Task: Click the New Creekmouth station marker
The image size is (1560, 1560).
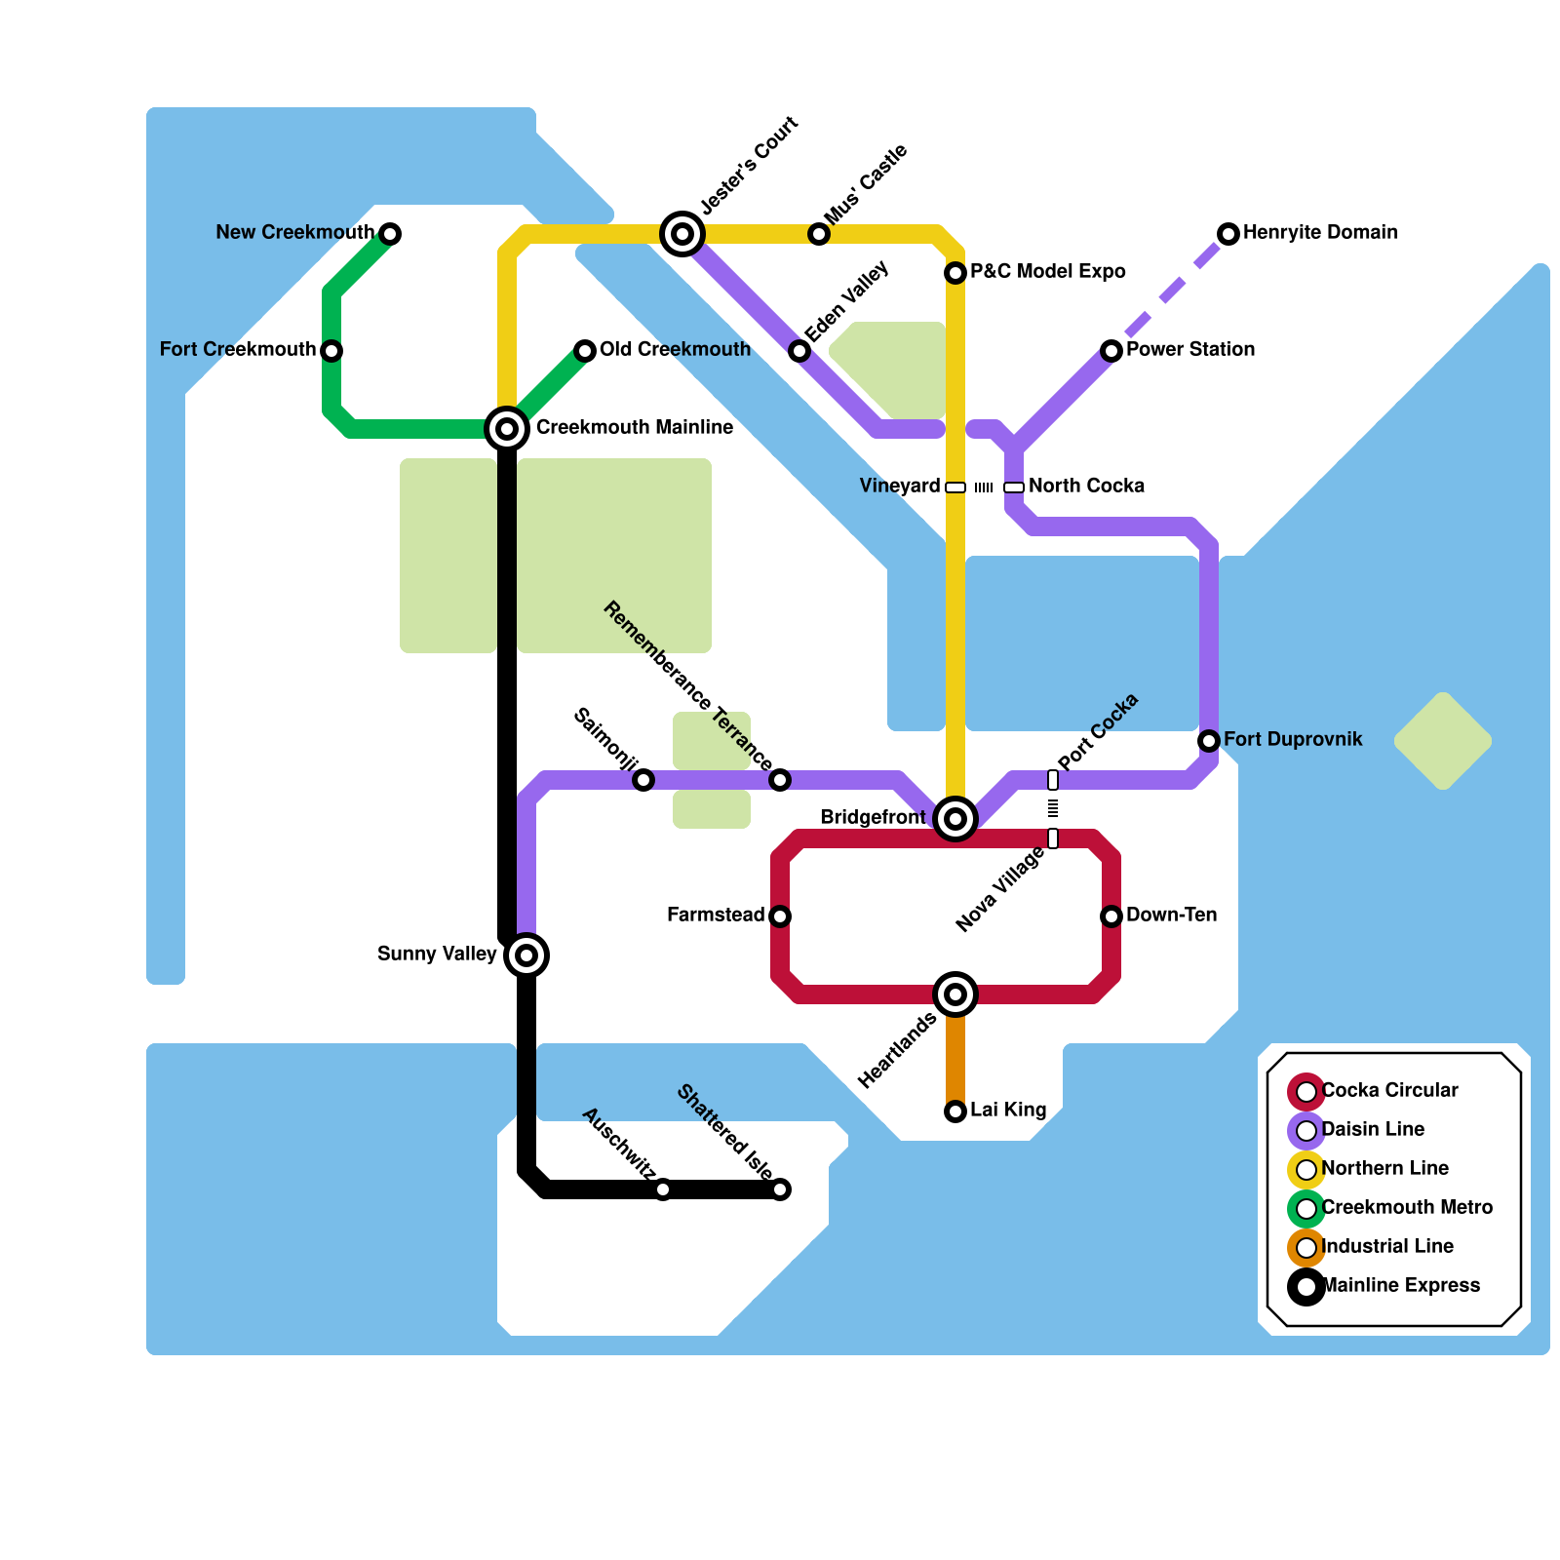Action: tap(390, 234)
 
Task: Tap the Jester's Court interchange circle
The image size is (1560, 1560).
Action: tap(682, 234)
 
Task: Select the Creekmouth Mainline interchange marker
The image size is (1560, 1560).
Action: tap(507, 429)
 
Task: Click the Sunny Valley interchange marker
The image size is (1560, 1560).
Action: tap(526, 955)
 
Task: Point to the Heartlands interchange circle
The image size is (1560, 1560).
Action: tap(955, 994)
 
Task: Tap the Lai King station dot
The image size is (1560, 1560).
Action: tap(955, 1111)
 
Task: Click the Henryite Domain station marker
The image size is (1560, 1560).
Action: tap(1228, 234)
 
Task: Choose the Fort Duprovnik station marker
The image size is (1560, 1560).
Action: tap(1209, 741)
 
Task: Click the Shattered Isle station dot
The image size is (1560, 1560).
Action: tap(780, 1189)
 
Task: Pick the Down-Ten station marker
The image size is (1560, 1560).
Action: tap(1111, 916)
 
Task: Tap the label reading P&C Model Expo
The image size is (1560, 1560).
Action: tap(1047, 272)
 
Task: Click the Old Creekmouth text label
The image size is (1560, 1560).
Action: tap(675, 350)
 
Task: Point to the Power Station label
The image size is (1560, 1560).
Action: tap(1189, 350)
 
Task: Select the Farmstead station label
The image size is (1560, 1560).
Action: tap(716, 916)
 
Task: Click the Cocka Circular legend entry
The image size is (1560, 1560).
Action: tap(1388, 1091)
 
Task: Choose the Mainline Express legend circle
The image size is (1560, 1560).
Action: tap(1306, 1287)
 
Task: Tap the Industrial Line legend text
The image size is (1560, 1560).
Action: tap(1386, 1247)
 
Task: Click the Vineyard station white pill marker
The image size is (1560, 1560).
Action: tap(955, 487)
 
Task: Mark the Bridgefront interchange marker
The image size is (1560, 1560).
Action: tap(955, 819)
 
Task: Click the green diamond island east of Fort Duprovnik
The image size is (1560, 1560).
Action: tap(1443, 741)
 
